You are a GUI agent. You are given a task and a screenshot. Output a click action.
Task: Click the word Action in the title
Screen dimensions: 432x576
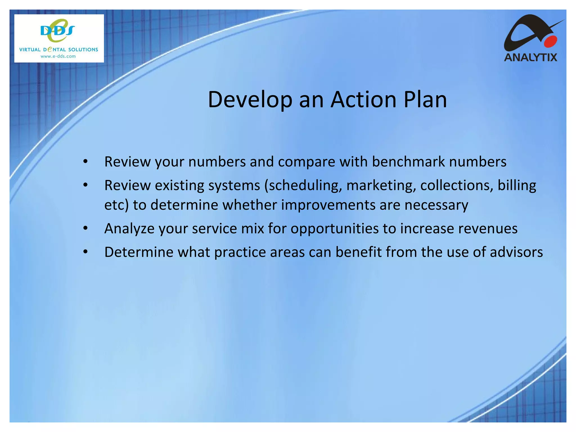[364, 100]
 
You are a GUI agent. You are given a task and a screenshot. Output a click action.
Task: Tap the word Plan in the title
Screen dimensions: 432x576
[425, 100]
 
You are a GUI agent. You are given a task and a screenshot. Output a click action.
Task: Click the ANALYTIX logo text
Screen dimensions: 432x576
[530, 57]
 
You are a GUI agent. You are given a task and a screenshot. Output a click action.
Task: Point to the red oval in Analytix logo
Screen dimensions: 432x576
[550, 42]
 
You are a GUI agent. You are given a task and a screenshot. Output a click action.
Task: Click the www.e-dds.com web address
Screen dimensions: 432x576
[58, 56]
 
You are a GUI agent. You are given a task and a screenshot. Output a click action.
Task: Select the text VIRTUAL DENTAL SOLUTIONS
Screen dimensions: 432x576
[58, 49]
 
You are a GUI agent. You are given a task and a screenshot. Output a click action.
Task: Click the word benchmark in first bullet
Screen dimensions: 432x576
[408, 162]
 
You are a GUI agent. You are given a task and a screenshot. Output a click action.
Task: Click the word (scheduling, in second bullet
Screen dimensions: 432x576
[303, 186]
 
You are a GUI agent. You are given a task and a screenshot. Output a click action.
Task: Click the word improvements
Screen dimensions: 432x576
[328, 205]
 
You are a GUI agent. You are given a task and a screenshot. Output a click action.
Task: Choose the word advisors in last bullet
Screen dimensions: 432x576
[516, 252]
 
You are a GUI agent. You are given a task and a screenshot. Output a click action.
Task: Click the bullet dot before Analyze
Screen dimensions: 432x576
[85, 228]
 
